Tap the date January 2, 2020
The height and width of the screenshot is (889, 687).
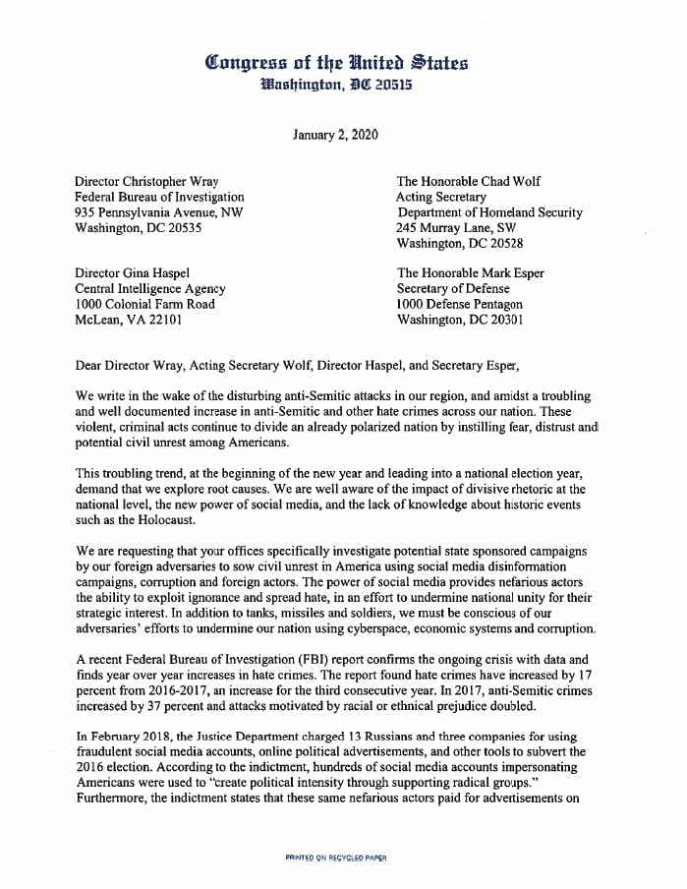click(335, 135)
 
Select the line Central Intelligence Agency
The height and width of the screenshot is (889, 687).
click(150, 289)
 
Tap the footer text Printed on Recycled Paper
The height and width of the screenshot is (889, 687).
click(335, 858)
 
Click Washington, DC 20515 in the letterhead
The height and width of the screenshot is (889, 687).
click(336, 86)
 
